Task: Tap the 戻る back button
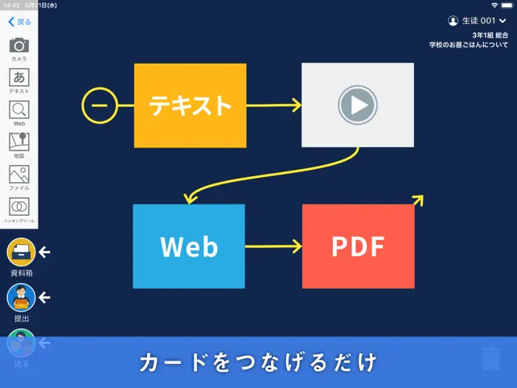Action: (19, 22)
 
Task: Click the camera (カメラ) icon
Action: (18, 46)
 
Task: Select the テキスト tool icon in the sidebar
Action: (18, 78)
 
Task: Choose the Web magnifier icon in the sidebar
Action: (18, 110)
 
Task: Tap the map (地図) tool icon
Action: (18, 142)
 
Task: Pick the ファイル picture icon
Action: (18, 174)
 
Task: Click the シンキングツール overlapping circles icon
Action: (18, 206)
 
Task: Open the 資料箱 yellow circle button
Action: (21, 253)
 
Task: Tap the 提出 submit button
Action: (21, 298)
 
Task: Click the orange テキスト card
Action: (190, 105)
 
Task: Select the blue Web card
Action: (189, 246)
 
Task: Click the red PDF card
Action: (359, 246)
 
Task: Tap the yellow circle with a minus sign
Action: (100, 105)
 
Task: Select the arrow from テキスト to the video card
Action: (273, 105)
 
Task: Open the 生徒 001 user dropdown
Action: (478, 20)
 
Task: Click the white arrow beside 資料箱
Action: (45, 253)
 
